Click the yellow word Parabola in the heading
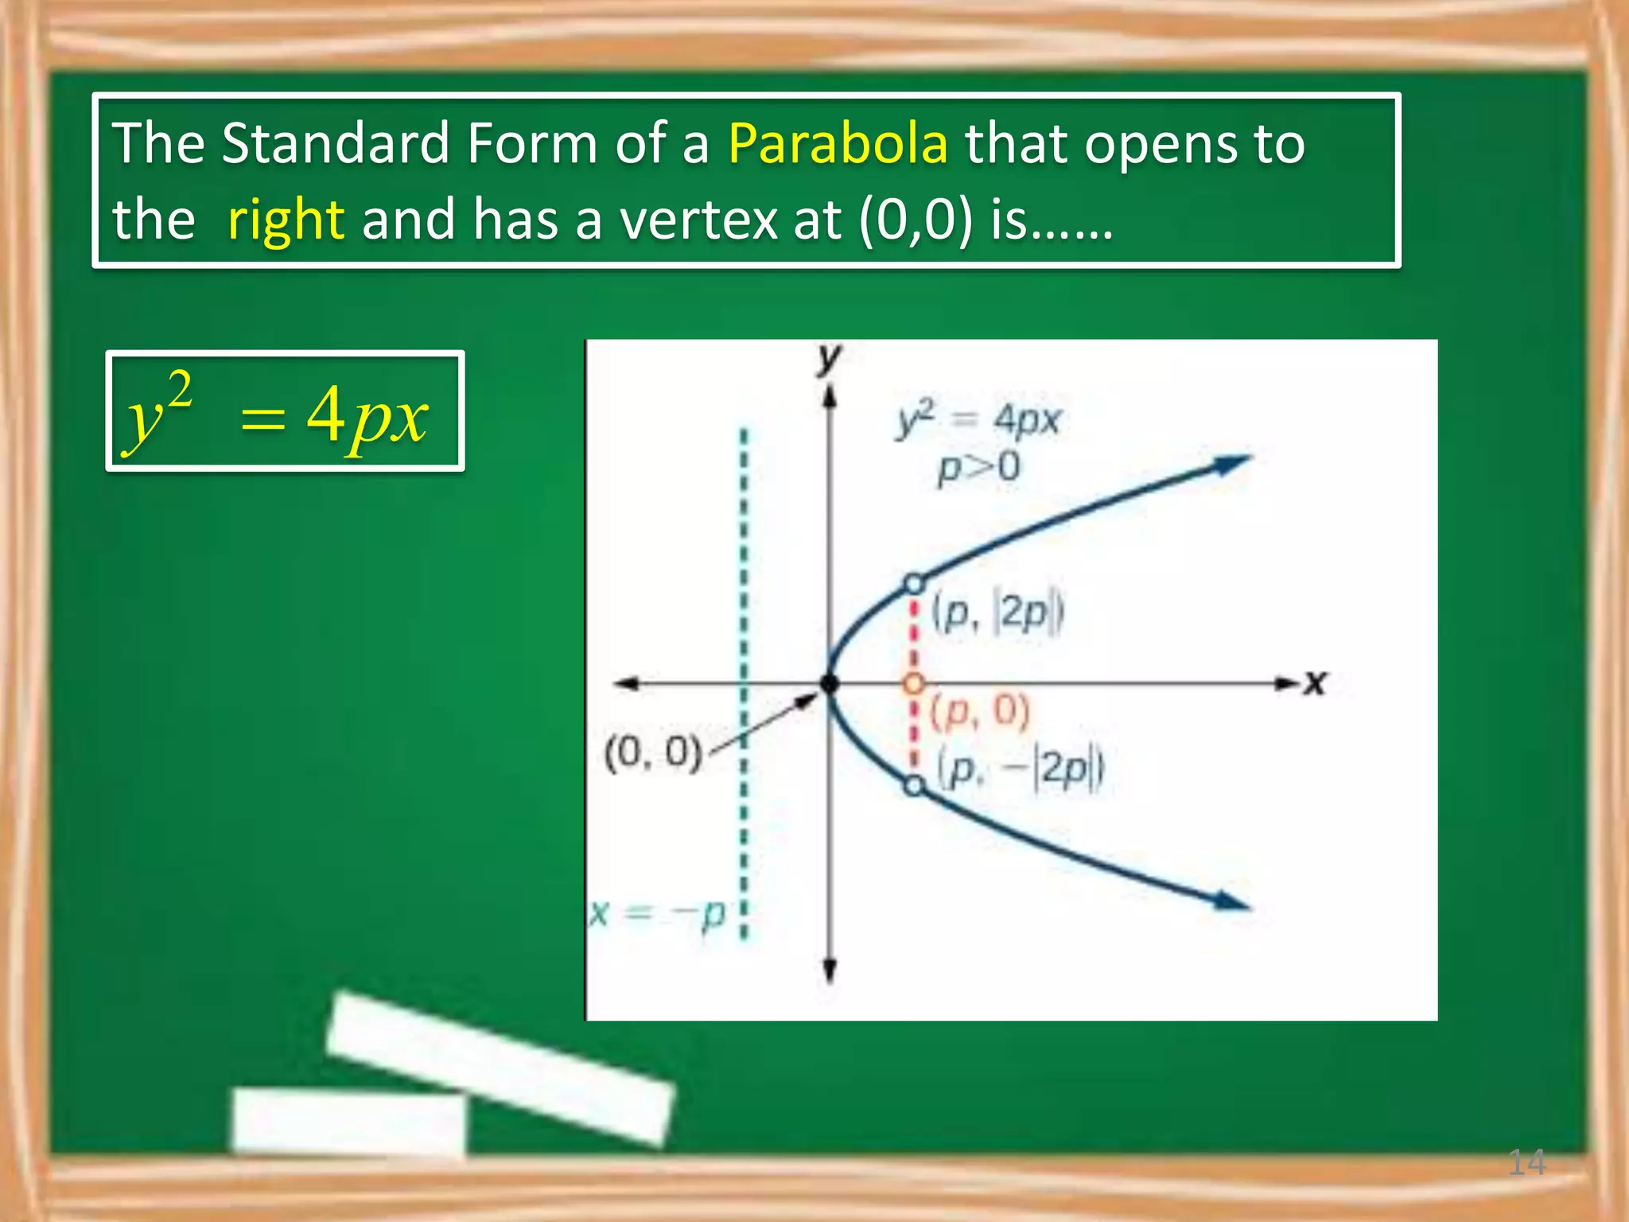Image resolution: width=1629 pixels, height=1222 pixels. (x=838, y=143)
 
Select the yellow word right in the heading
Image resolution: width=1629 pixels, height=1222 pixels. (x=286, y=220)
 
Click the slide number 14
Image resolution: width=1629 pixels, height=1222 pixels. (x=1526, y=1162)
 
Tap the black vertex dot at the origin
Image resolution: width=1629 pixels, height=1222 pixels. (x=830, y=683)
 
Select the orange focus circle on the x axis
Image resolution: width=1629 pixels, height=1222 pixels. (x=915, y=683)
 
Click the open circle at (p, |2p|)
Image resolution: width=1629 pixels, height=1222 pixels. (x=915, y=584)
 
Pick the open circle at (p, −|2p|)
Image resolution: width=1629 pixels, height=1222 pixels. (x=915, y=786)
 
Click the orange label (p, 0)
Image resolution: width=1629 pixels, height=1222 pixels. (x=980, y=711)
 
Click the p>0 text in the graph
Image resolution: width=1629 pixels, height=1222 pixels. (x=978, y=468)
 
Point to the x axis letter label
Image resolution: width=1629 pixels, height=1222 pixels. (x=1316, y=683)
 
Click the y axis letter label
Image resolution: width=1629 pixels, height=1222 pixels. (x=829, y=360)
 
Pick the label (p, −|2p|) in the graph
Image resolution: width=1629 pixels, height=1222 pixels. (x=1021, y=770)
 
